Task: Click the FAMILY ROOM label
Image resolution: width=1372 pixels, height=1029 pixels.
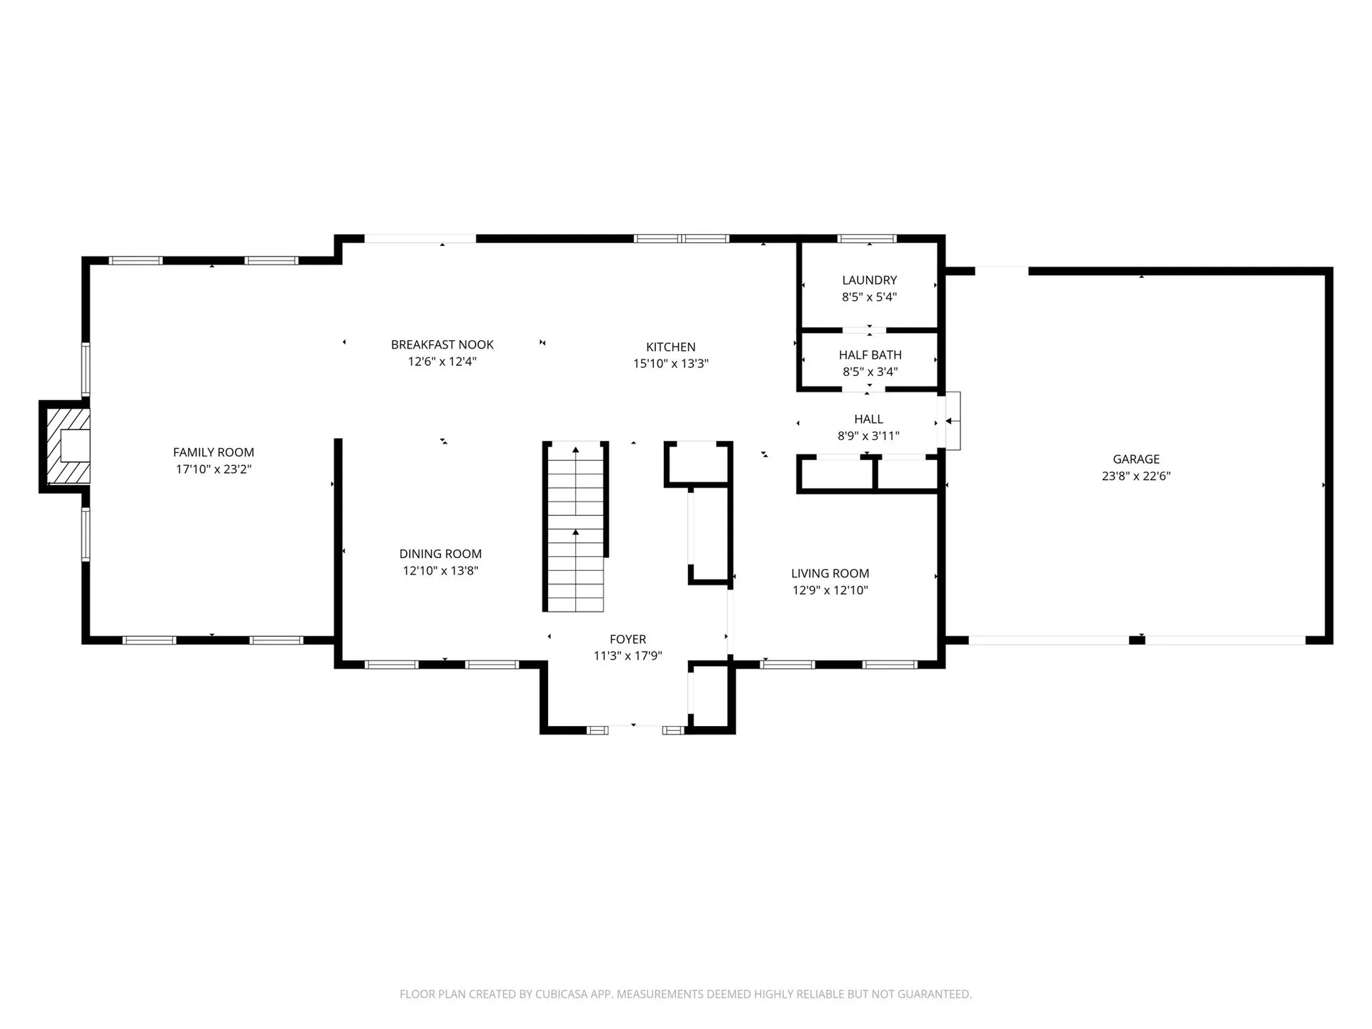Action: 213,452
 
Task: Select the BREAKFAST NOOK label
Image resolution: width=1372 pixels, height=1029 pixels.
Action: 442,344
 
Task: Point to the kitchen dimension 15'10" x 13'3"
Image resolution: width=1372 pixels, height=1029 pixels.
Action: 670,364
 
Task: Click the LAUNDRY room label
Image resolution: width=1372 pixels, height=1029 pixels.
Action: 869,280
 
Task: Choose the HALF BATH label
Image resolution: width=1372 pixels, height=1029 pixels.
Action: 870,354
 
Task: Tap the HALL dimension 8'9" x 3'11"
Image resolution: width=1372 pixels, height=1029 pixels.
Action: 868,436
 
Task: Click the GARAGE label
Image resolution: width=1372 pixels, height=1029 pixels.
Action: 1135,459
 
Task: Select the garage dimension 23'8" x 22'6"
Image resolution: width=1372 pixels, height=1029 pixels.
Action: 1135,476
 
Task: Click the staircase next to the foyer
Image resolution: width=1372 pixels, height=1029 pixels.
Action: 575,529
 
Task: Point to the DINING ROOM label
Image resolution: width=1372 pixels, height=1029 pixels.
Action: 440,554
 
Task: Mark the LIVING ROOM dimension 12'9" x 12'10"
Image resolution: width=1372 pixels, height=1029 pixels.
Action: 830,590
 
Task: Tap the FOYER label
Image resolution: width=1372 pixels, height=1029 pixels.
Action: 627,640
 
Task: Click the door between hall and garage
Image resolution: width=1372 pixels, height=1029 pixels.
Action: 953,421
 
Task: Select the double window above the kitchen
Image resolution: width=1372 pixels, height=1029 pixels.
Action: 682,239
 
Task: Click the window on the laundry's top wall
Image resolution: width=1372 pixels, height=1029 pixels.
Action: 866,239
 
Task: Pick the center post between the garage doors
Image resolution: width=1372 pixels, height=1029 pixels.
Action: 1136,640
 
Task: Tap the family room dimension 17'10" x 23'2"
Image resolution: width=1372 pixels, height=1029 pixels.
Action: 213,469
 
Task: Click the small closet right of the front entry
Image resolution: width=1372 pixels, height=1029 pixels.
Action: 710,697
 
